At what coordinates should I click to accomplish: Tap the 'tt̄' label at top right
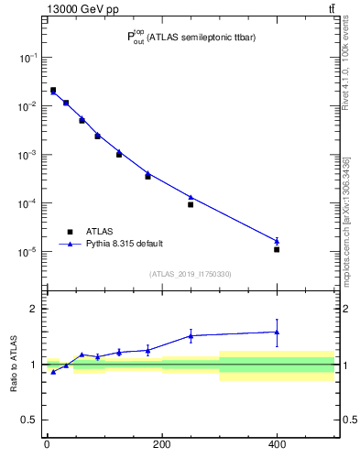[x=332, y=9]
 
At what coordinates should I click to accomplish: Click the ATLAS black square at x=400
[x=277, y=249]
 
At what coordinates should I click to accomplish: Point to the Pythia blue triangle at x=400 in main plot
[x=277, y=241]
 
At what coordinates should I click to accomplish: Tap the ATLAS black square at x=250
[x=191, y=204]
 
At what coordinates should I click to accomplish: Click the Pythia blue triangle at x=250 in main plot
[x=191, y=197]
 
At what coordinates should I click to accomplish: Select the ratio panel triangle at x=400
[x=277, y=333]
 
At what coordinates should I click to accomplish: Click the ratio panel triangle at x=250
[x=191, y=335]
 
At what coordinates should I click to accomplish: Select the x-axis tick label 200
[x=161, y=446]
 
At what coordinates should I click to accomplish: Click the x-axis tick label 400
[x=277, y=446]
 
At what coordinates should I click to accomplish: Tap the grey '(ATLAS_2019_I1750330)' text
[x=190, y=274]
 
